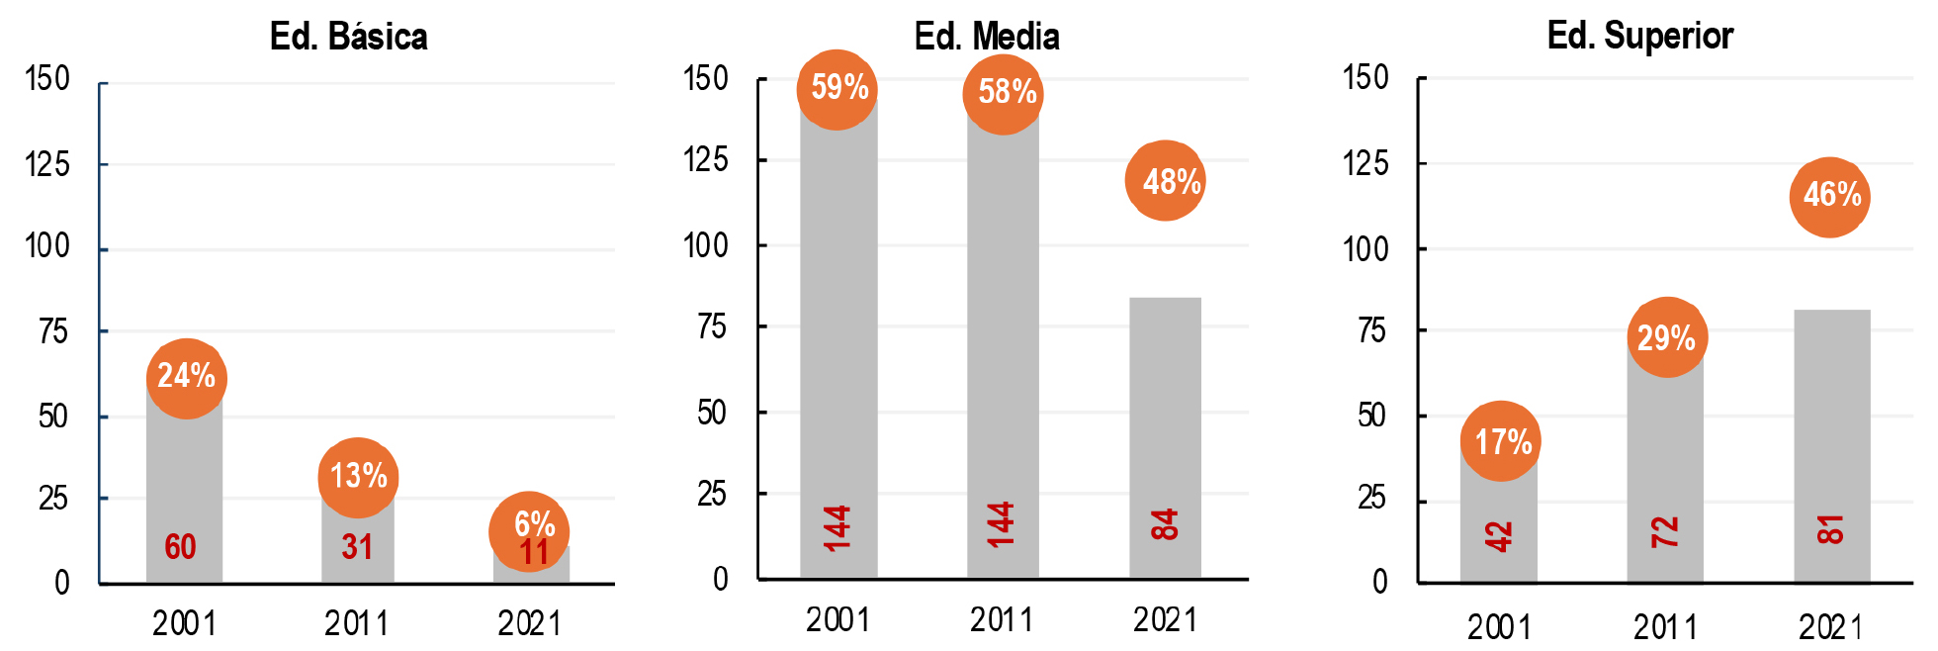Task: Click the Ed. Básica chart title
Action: (348, 37)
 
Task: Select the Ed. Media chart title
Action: (987, 37)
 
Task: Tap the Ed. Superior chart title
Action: (1639, 36)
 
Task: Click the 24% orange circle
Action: (186, 377)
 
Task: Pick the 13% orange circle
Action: (358, 477)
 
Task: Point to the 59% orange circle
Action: (838, 89)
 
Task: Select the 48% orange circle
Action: (1167, 181)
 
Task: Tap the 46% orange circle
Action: (1830, 196)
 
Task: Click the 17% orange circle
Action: (1501, 441)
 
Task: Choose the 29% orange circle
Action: (1666, 337)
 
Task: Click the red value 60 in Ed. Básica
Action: (180, 547)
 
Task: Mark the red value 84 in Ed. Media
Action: (1165, 524)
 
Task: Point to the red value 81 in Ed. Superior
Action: (1830, 529)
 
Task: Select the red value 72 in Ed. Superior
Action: (1665, 532)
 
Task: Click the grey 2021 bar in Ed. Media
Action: (1165, 416)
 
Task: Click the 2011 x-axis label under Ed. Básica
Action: (357, 623)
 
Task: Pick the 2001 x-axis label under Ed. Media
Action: (837, 620)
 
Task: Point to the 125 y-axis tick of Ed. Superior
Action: (1365, 162)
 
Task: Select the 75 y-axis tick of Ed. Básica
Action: (53, 331)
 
